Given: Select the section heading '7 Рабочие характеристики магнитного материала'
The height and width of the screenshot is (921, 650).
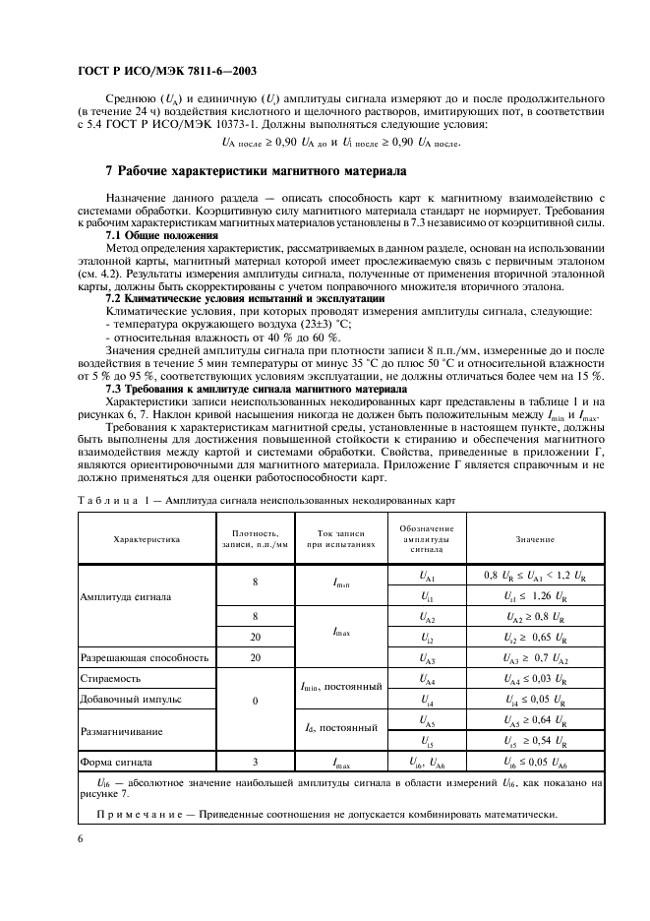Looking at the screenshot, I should tap(256, 171).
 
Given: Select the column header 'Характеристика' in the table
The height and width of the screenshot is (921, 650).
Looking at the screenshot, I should tap(147, 539).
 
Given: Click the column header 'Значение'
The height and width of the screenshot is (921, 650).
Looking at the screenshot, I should tap(534, 539).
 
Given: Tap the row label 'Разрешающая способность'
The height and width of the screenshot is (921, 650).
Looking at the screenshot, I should tap(143, 657).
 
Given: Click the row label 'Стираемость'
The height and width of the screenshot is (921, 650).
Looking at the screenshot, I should tap(110, 678).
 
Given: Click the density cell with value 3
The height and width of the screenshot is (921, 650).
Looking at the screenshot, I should tap(255, 762).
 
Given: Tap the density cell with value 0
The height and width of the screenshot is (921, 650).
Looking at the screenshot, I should tap(255, 700).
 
